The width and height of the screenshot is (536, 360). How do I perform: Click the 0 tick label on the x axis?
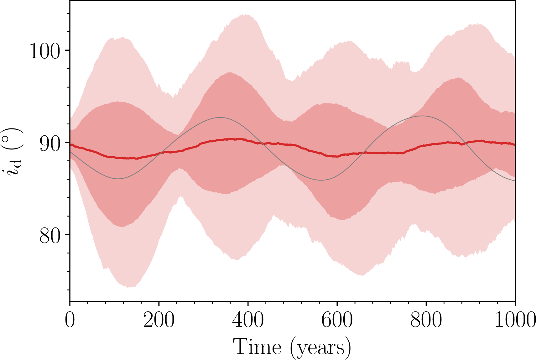70,321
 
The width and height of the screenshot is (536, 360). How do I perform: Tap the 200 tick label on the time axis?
159,321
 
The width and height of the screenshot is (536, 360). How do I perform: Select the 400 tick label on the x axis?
248,321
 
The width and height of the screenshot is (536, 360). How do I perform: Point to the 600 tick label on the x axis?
337,321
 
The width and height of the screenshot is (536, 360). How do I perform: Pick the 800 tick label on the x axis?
426,321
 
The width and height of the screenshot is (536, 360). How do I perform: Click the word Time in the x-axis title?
257,347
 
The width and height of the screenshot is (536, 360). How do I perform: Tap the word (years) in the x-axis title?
320,348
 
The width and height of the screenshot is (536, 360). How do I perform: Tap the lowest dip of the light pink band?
129,287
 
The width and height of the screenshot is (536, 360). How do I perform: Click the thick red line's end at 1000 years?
514,144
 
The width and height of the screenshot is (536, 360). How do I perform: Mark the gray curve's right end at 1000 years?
514,180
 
